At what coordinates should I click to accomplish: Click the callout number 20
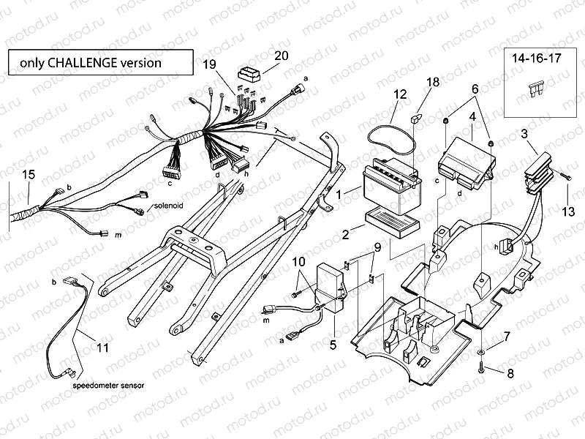point(282,56)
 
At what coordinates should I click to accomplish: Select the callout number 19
point(210,65)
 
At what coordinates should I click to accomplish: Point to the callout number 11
point(103,348)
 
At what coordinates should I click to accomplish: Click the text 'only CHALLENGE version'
point(91,62)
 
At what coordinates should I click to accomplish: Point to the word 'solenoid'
point(169,207)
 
